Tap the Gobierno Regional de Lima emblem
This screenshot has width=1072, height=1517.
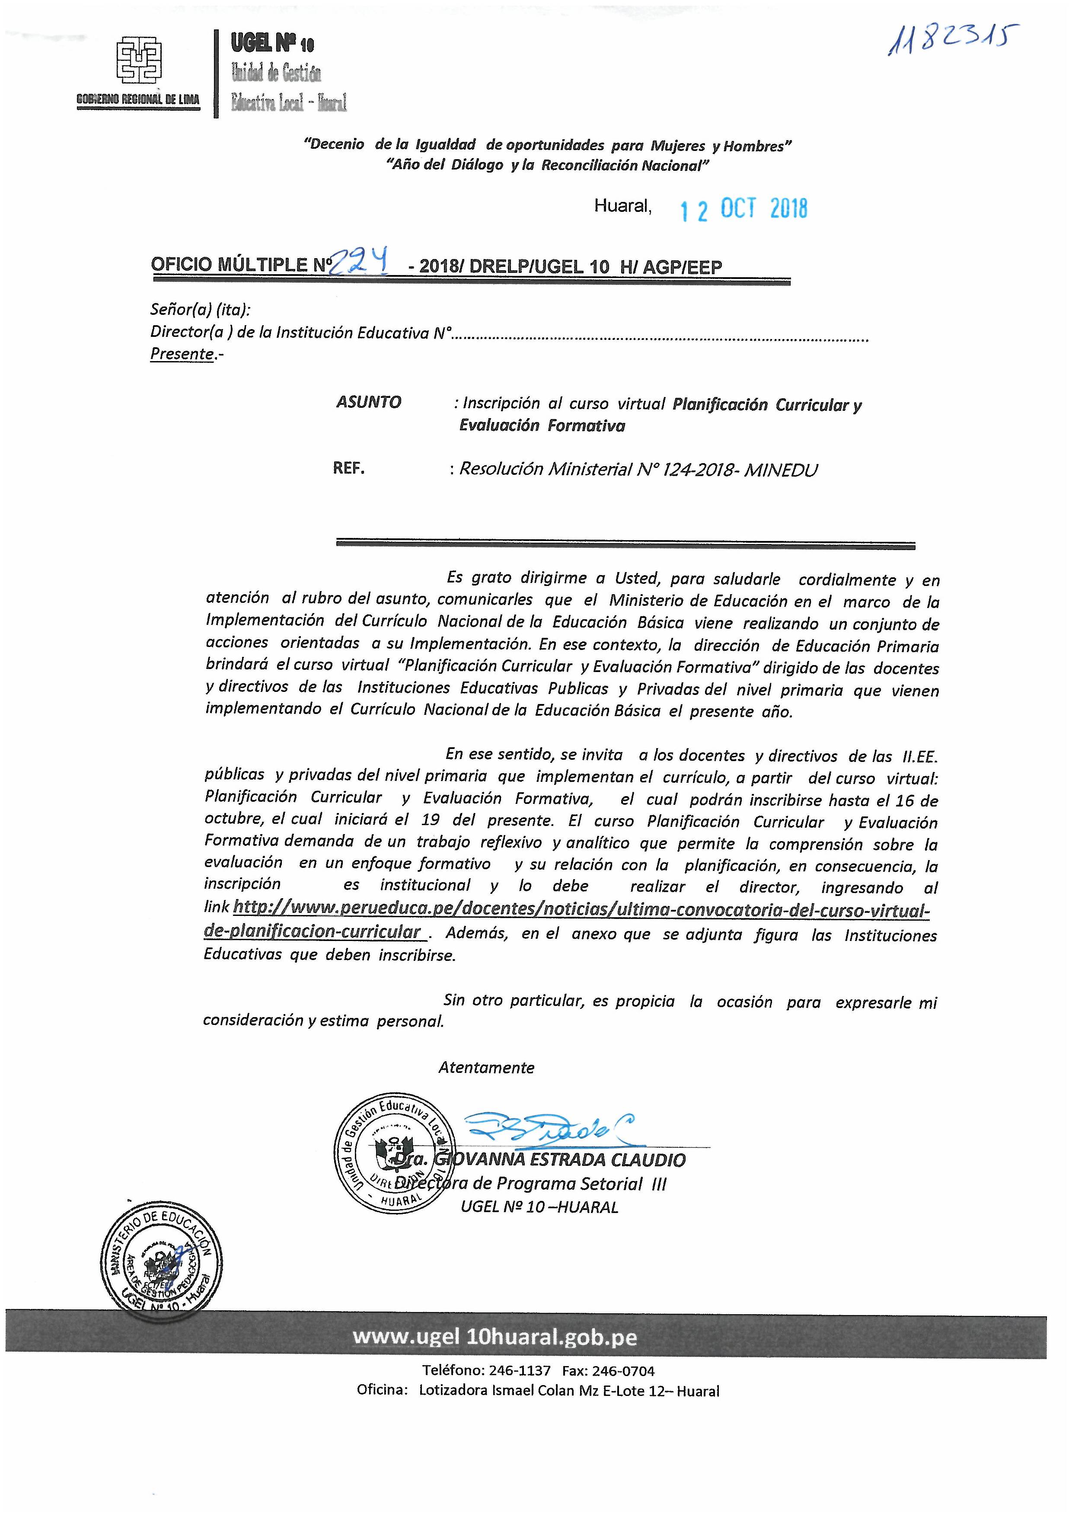pyautogui.click(x=139, y=61)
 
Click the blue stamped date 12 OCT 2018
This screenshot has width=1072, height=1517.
pyautogui.click(x=744, y=209)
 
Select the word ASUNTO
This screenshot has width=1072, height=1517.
pyautogui.click(x=369, y=402)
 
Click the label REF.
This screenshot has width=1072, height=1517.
pyautogui.click(x=349, y=468)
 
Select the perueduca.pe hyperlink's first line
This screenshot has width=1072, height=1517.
pyautogui.click(x=581, y=910)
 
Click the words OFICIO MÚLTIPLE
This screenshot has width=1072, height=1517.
pyautogui.click(x=229, y=265)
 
